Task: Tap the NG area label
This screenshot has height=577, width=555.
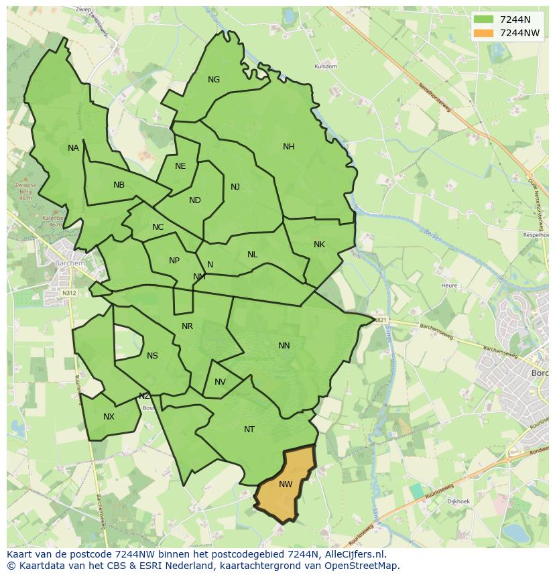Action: coord(214,80)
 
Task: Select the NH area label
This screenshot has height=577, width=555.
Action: coord(289,147)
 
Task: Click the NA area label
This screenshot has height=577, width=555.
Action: coord(73,148)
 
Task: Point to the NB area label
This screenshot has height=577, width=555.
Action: coord(119,185)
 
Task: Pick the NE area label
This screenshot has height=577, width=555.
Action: coord(180,166)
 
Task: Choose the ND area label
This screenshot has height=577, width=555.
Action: coord(195,200)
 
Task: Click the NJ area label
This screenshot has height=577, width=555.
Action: coord(235,187)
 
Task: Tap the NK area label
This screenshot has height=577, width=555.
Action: coord(319,245)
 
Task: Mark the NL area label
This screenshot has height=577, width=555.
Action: coord(252,255)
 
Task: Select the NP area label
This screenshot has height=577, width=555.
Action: coord(174,261)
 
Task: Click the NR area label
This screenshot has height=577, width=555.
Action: coord(187,326)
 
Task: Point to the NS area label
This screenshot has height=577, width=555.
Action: coord(152,356)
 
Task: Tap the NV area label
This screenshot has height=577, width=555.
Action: coord(220,382)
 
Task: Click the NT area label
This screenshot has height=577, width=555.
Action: coord(249,430)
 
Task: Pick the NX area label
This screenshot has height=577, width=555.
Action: coord(109,417)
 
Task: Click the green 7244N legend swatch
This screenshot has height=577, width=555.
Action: coord(483,19)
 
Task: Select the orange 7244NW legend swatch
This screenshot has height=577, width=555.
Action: coord(483,33)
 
